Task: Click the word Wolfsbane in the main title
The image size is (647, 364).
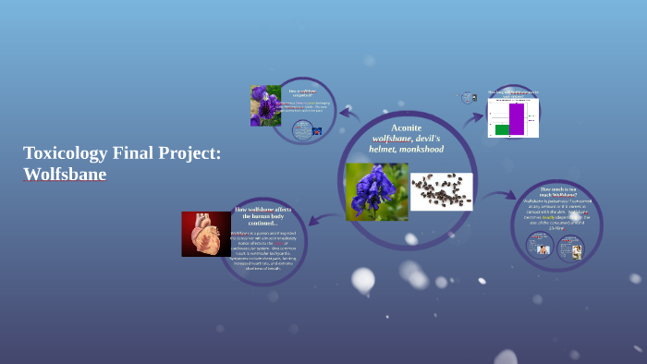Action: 65,174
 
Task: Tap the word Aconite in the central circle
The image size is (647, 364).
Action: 406,127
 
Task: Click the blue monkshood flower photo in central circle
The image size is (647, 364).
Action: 376,191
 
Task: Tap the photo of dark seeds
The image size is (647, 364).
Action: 441,191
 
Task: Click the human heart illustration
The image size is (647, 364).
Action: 205,234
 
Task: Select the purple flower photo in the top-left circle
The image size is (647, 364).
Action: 265,105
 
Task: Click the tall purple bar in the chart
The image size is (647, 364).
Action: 517,118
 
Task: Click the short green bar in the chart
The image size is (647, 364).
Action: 502,129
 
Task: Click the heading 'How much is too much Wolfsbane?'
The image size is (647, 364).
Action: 558,191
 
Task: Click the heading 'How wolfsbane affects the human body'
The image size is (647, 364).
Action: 263,216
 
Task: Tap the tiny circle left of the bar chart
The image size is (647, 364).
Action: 468,97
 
